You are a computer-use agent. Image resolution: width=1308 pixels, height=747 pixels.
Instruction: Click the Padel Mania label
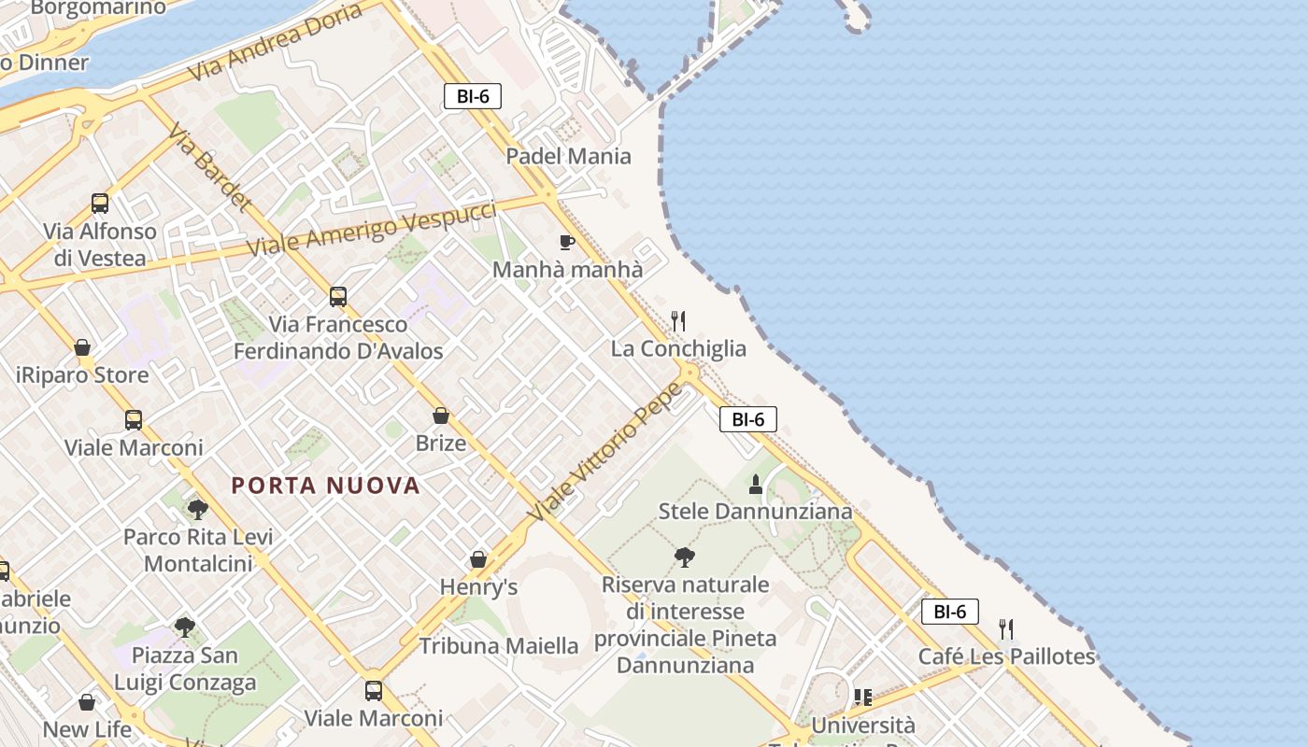pos(568,156)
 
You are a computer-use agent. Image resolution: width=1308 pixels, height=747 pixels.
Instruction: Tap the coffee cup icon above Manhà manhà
pos(566,243)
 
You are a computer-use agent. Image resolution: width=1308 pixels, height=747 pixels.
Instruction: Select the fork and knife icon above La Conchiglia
pos(679,321)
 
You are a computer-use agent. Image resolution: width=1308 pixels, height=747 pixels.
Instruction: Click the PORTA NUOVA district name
pos(326,486)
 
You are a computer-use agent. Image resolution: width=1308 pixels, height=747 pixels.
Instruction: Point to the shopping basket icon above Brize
pos(441,416)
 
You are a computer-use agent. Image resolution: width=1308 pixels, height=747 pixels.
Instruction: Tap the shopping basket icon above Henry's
pos(478,559)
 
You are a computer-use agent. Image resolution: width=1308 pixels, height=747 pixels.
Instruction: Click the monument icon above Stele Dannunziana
pos(756,485)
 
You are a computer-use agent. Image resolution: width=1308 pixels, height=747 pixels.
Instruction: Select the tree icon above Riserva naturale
pos(685,557)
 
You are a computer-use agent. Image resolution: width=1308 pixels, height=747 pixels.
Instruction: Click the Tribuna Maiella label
pos(499,645)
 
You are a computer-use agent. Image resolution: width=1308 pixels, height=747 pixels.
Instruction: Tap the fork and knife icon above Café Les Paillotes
pos(1006,629)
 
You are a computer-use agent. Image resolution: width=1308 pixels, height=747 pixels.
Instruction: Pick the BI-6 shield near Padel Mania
pos(473,96)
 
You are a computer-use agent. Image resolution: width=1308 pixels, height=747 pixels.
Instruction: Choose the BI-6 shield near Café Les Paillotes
pos(949,612)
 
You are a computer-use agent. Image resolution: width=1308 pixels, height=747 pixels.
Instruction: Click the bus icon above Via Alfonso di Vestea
pos(100,204)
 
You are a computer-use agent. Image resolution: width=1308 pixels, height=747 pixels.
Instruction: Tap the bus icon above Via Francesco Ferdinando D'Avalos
pos(338,297)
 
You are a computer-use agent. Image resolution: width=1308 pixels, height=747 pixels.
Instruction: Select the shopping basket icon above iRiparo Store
pos(82,348)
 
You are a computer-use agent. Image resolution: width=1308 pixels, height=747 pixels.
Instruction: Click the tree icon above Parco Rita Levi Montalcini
pos(197,510)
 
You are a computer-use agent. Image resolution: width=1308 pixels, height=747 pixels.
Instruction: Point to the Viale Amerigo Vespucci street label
pos(371,229)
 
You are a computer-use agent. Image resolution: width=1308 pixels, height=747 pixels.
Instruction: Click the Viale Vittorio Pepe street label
pos(605,452)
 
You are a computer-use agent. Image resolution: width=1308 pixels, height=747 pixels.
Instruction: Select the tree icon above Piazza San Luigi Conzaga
pos(185,627)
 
